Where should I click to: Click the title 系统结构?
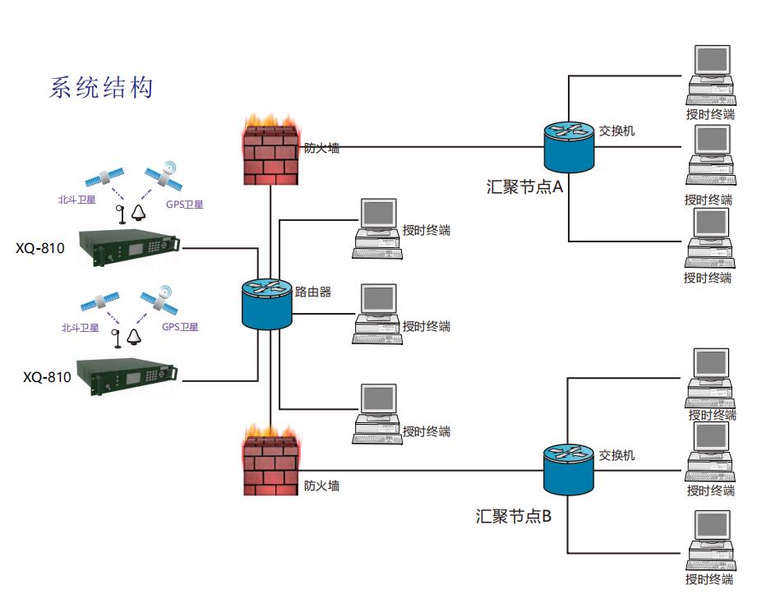click(x=102, y=88)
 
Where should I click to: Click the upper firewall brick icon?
click(x=270, y=151)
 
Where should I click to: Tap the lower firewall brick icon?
click(x=270, y=462)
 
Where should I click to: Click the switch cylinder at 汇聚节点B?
click(x=568, y=470)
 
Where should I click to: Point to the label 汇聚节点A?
click(x=524, y=186)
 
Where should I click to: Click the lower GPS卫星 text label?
click(x=180, y=327)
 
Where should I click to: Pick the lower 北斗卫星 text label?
click(x=80, y=328)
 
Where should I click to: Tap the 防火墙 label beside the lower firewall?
click(x=321, y=486)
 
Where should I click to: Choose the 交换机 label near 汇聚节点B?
click(x=616, y=454)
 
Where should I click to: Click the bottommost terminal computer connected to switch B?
click(x=710, y=539)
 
